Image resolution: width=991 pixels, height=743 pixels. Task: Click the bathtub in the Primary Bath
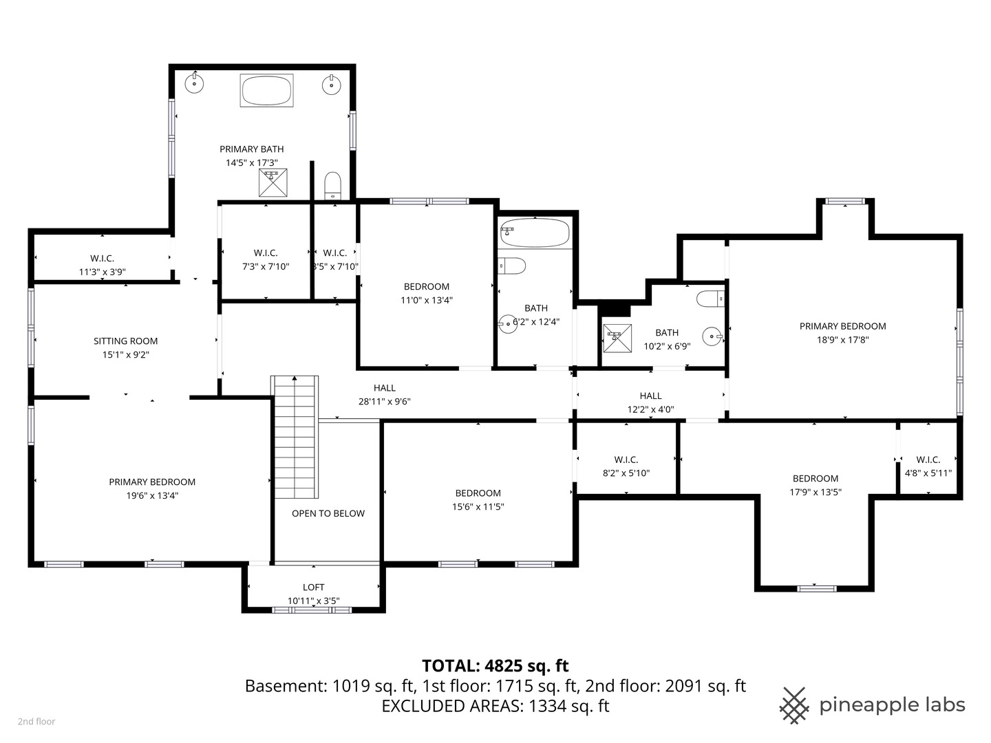click(x=267, y=90)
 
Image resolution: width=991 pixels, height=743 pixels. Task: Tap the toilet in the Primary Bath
click(x=333, y=184)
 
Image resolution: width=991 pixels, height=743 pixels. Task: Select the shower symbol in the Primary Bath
click(x=273, y=182)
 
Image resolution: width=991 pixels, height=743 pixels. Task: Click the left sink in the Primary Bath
click(x=195, y=83)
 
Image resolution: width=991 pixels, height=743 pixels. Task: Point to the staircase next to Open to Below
click(x=295, y=437)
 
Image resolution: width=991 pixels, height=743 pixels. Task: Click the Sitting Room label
click(x=126, y=341)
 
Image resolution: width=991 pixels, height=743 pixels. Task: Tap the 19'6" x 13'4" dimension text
click(x=152, y=495)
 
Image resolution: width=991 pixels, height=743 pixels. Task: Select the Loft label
click(x=314, y=587)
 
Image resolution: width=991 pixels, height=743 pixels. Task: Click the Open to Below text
click(x=328, y=513)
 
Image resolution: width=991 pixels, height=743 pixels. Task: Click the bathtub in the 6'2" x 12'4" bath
click(x=535, y=233)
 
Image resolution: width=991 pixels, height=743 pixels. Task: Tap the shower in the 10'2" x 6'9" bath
click(x=617, y=338)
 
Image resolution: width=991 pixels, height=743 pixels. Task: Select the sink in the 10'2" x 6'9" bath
click(x=712, y=336)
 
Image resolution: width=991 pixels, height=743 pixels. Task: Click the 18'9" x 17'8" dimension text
click(x=843, y=340)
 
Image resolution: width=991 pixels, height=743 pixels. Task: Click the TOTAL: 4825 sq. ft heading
click(x=495, y=666)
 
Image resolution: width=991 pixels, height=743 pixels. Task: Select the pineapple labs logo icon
click(x=794, y=705)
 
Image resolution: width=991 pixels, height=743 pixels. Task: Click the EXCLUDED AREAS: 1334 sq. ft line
click(x=495, y=706)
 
